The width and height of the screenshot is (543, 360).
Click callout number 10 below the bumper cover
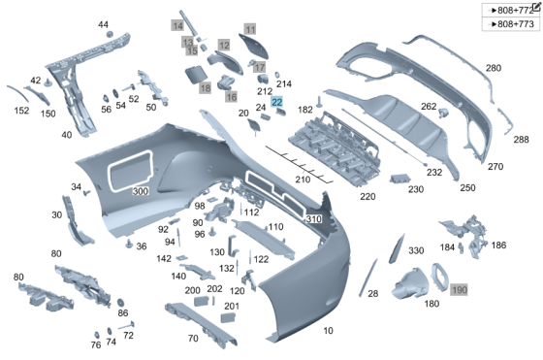pos(327,331)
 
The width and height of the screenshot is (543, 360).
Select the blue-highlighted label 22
pos(277,102)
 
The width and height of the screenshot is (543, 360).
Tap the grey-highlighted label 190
pos(459,289)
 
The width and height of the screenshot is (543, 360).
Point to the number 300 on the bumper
pos(141,192)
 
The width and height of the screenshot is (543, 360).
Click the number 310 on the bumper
pos(312,219)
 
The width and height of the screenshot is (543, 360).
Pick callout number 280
pos(494,68)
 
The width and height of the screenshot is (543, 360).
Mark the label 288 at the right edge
pos(521,140)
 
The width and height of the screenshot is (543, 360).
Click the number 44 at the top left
pos(104,24)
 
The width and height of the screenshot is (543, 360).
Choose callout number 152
pos(20,111)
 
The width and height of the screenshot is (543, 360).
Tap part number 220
pos(367,197)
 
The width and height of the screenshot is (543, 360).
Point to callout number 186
pos(498,245)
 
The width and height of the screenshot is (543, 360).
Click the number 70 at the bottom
pos(193,338)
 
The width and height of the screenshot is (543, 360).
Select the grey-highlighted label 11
pos(249,30)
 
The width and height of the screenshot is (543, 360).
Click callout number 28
pos(372,292)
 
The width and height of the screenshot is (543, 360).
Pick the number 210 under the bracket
pos(303,180)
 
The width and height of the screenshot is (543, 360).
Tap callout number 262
pos(428,106)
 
